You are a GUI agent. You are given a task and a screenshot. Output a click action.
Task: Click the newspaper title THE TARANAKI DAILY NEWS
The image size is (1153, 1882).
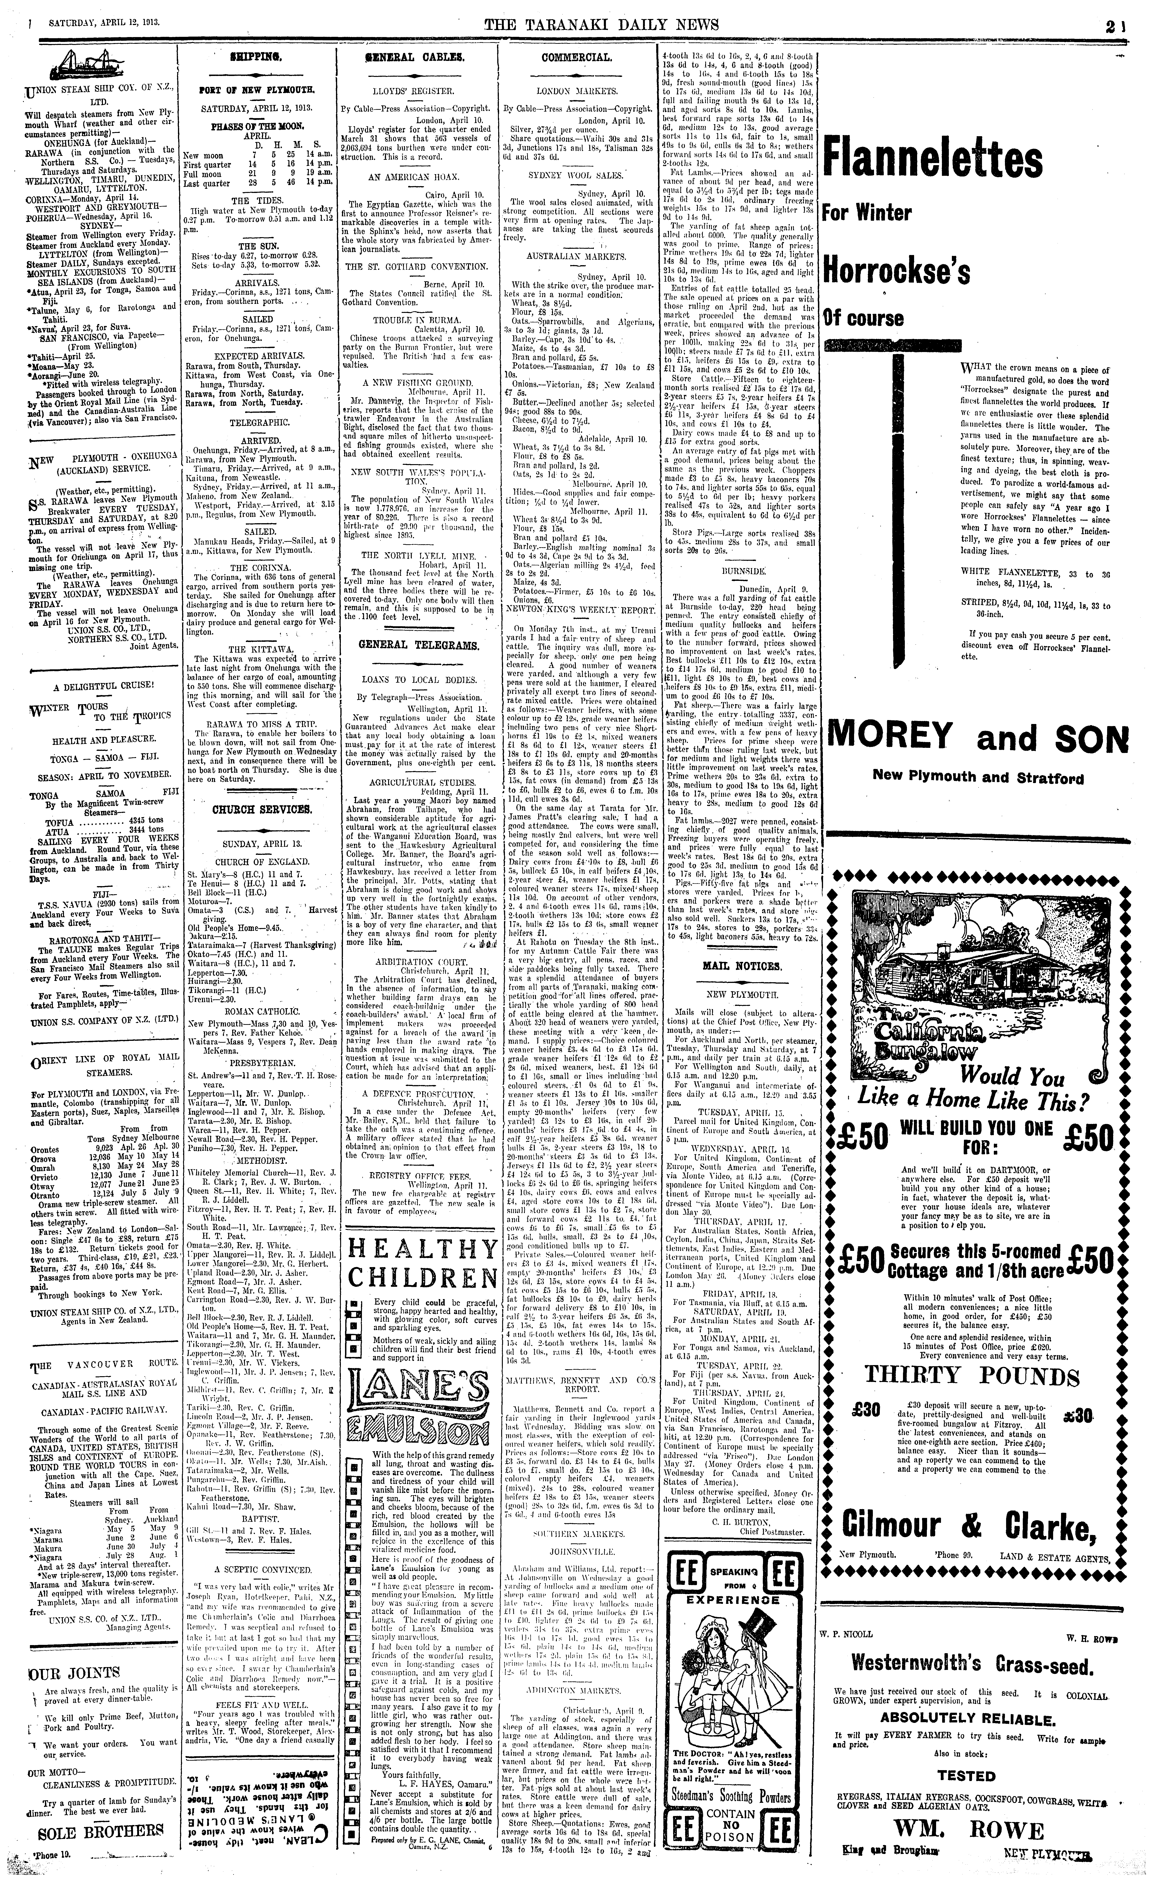[x=601, y=25]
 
